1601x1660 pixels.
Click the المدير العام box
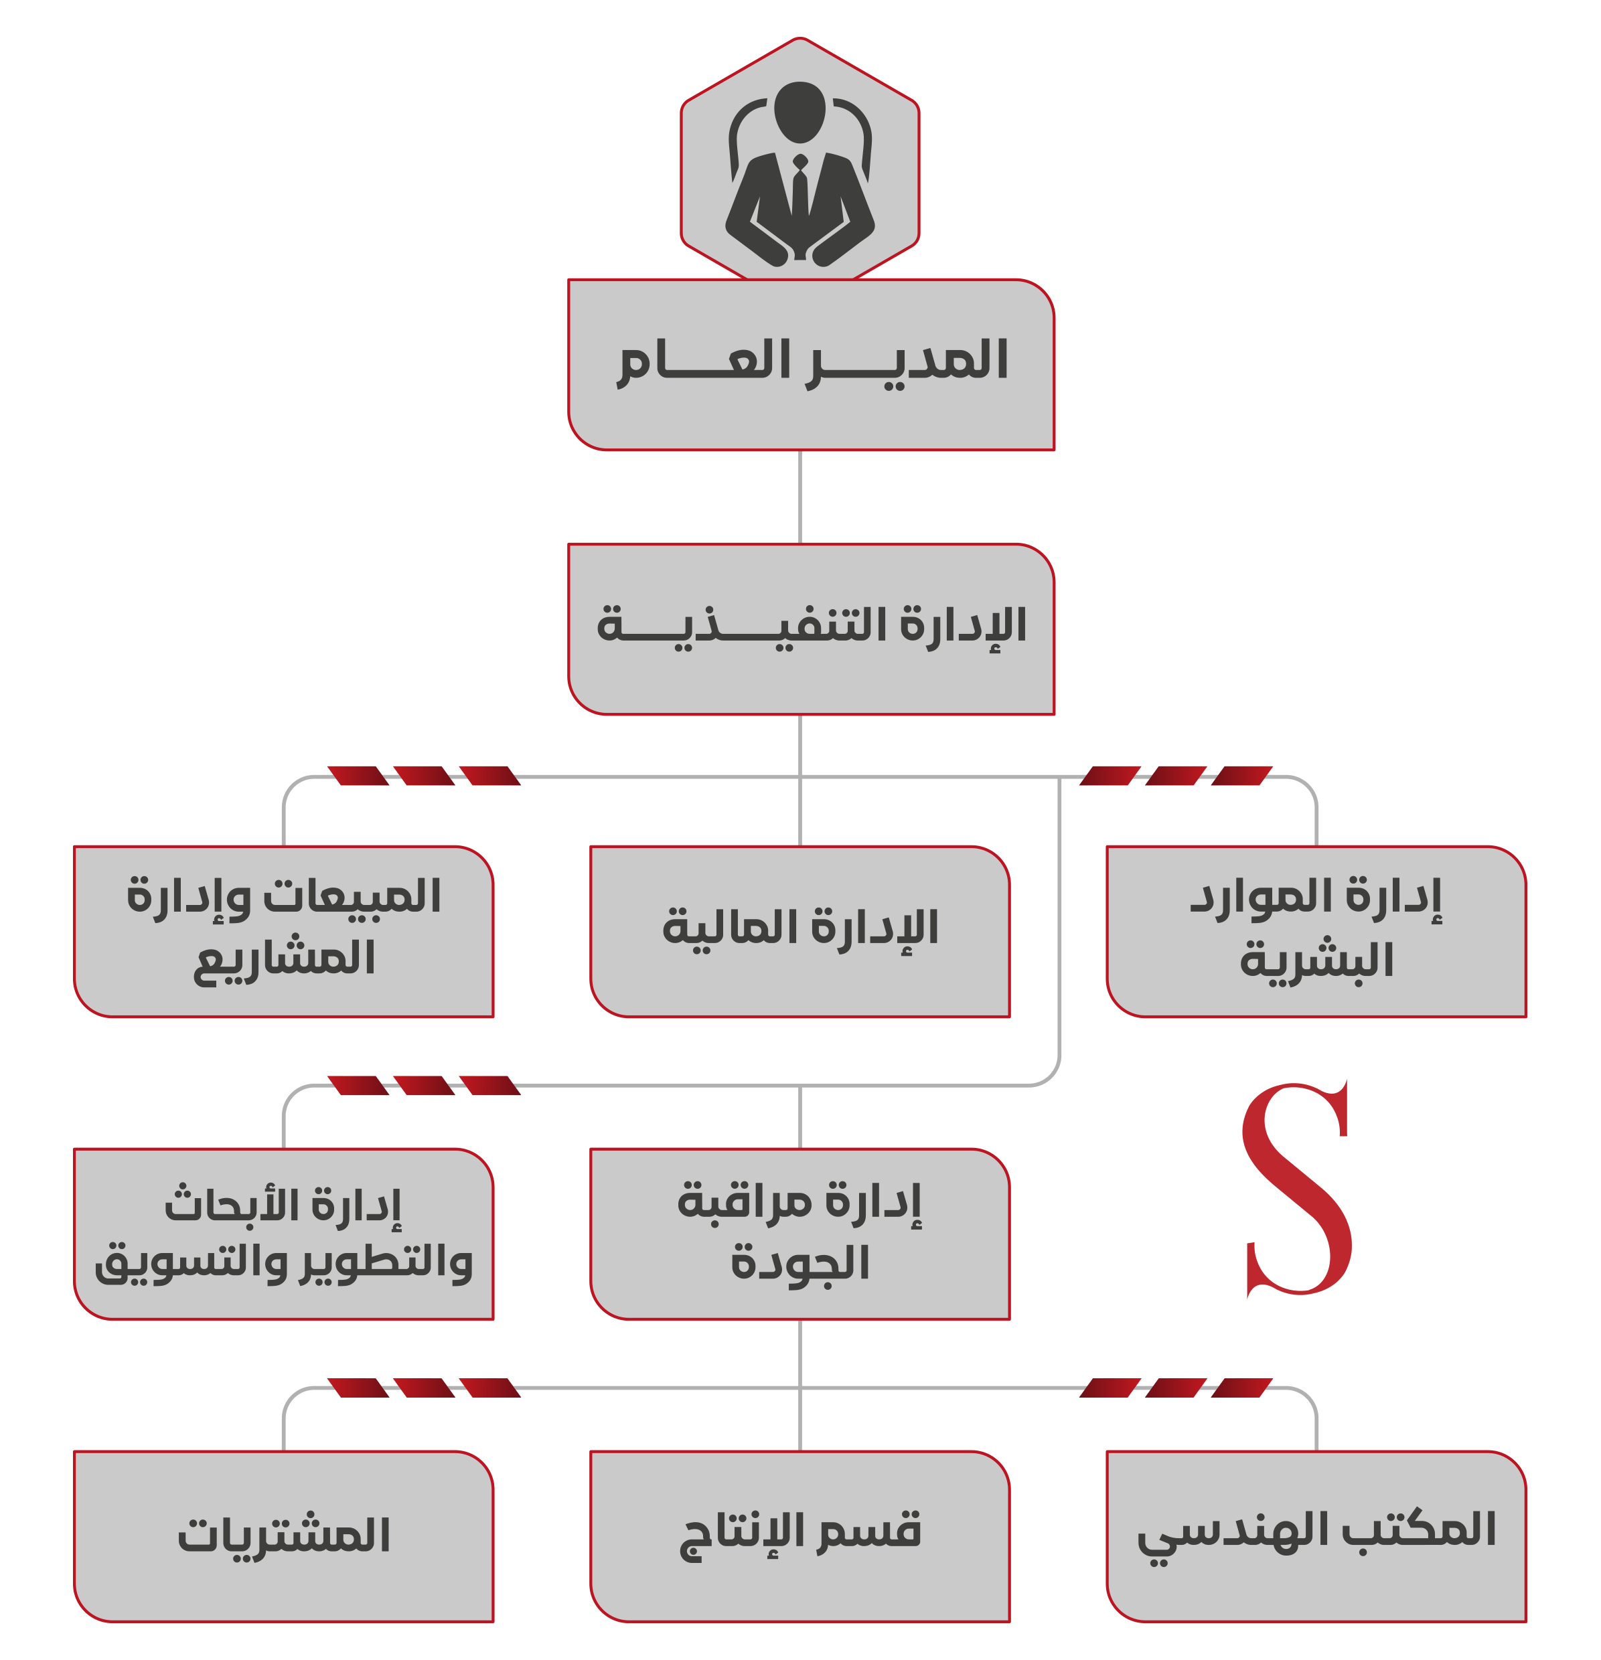tap(811, 364)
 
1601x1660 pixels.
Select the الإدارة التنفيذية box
tap(811, 629)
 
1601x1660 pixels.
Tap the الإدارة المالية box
tap(799, 932)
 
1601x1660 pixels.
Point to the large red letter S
tap(1296, 1190)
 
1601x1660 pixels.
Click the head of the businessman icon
tap(799, 112)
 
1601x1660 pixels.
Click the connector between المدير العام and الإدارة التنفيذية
tap(799, 497)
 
